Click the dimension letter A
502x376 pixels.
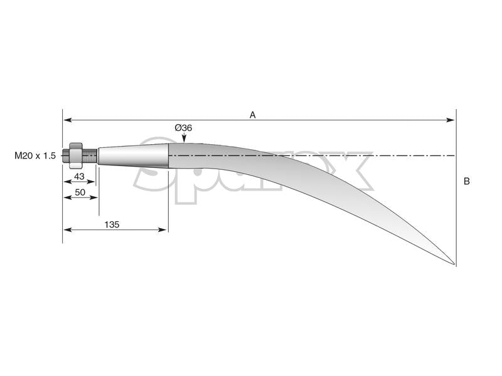[x=253, y=115]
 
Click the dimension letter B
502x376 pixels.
[x=466, y=181]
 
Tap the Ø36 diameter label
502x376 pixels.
[x=183, y=128]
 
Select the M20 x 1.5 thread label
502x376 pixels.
[x=35, y=155]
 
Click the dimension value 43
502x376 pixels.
[x=79, y=176]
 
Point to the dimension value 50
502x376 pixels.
[x=80, y=192]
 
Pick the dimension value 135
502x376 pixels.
[x=112, y=224]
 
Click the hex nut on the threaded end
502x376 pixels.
[x=76, y=155]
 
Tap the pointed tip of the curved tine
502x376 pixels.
[x=454, y=264]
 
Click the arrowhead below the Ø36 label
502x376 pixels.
[x=184, y=138]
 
